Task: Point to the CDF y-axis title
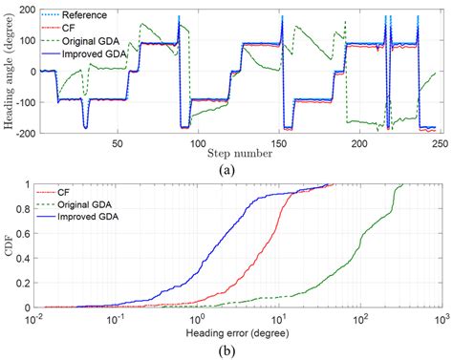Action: [9, 245]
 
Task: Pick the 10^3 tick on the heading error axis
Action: [440, 317]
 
